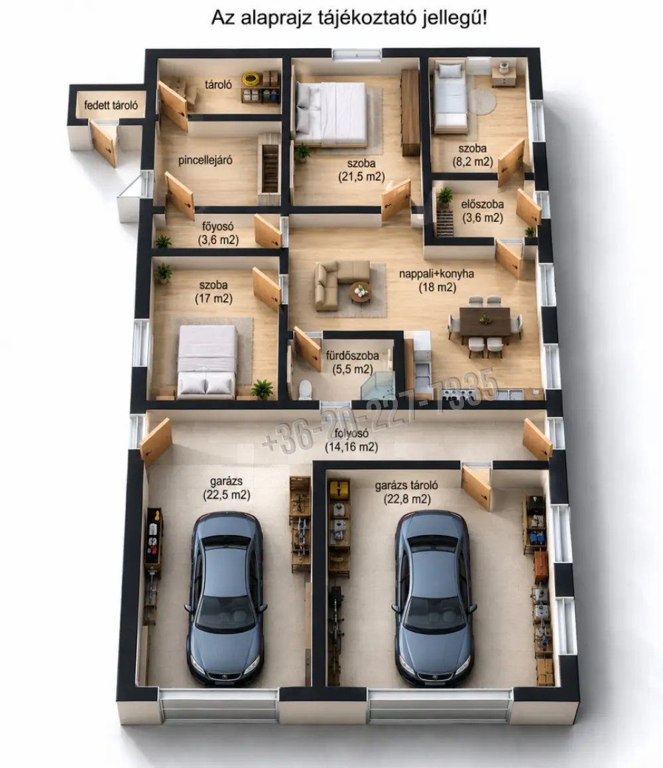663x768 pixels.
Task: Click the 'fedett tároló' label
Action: (111, 105)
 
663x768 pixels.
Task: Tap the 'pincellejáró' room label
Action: (206, 160)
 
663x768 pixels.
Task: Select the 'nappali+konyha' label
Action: (436, 273)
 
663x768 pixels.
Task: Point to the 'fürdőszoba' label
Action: (352, 356)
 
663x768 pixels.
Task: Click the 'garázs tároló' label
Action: (406, 486)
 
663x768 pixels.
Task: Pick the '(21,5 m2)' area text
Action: (361, 177)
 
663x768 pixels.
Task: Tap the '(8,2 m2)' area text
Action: (472, 162)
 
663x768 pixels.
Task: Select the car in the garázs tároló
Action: (434, 598)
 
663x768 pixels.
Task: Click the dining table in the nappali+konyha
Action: (485, 321)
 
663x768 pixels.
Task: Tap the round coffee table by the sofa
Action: (361, 292)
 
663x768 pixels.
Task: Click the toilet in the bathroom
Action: (305, 390)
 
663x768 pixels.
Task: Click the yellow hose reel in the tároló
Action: (251, 78)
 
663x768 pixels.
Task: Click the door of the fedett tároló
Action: (104, 143)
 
